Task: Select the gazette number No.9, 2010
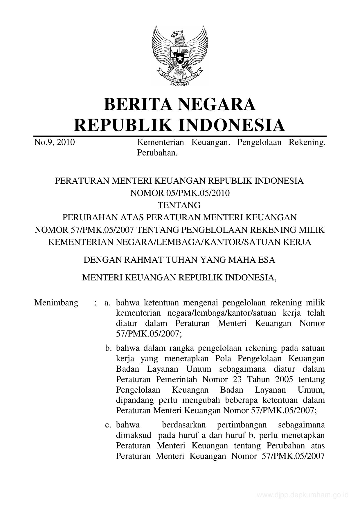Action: [55, 142]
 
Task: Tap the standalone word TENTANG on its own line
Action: [179, 205]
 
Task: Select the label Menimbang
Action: [56, 303]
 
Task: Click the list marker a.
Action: [108, 303]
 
